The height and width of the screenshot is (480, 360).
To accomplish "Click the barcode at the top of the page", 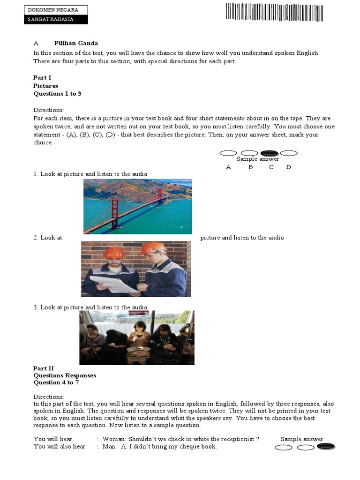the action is tap(274, 12).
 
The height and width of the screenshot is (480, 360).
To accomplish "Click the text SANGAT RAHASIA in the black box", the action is tap(51, 19).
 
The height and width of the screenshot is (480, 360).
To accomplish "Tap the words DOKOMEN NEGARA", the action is tap(53, 10).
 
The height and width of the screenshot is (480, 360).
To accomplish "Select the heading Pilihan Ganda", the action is tap(76, 43).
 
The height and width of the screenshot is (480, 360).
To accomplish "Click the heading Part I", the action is tap(42, 77).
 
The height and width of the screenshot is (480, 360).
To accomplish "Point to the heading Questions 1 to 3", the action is tap(57, 94).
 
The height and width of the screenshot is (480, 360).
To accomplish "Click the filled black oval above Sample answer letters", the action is tap(269, 153).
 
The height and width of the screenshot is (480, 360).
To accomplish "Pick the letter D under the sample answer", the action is tap(288, 167).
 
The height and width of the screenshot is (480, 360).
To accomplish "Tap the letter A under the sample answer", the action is tap(228, 167).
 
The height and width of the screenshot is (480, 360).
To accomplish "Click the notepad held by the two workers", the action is tap(113, 284).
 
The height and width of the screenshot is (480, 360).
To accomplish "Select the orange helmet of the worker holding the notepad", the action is tap(114, 253).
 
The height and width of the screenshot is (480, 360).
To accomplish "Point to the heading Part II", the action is tap(44, 368).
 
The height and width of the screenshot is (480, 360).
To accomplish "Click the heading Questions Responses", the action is tap(65, 375).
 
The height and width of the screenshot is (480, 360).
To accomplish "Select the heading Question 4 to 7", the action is tap(56, 382).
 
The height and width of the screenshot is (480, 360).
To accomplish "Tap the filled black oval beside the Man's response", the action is tap(326, 446).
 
